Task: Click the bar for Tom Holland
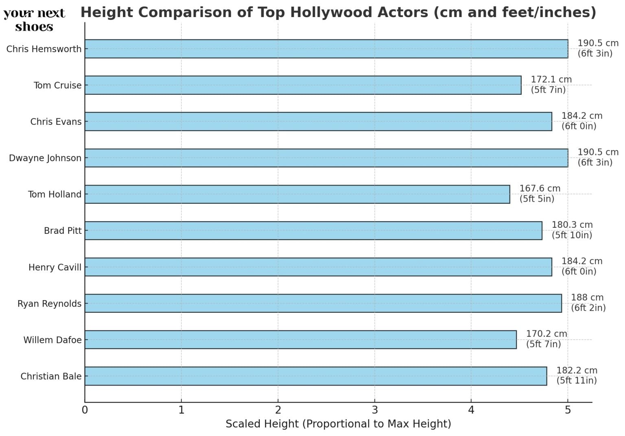pos(297,194)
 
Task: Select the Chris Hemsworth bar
pos(326,49)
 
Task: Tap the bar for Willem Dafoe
pos(300,340)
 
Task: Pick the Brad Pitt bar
pos(313,231)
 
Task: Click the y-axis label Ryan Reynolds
pos(49,304)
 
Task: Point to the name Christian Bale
pos(51,377)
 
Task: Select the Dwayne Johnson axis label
pos(45,158)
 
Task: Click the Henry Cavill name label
pos(55,268)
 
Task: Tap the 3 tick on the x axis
pos(374,410)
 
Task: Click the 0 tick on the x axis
pos(85,410)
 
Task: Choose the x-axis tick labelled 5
pos(568,410)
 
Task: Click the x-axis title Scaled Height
pos(338,424)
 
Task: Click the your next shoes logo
pos(34,20)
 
